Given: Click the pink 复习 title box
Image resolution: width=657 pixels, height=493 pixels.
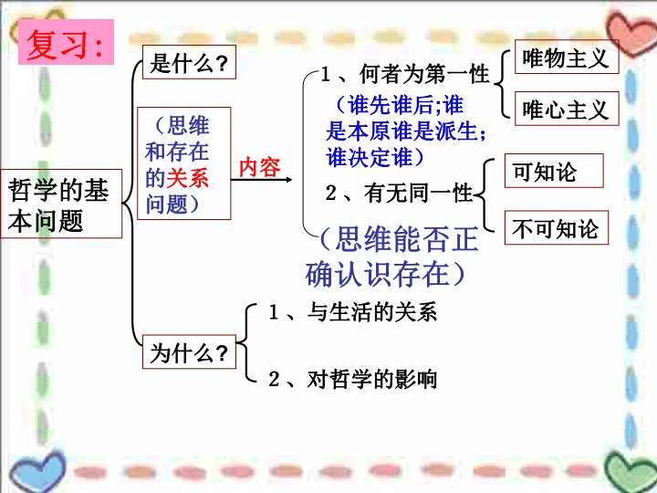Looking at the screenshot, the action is pos(67,42).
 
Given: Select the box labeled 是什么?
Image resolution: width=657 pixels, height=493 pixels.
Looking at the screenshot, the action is pos(189,62).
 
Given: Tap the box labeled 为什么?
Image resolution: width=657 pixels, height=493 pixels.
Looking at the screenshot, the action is pos(189,351).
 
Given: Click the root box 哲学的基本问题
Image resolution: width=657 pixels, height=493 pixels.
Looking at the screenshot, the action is pos(61,204).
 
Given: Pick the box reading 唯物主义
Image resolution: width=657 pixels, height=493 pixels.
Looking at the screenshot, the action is pos(567,57).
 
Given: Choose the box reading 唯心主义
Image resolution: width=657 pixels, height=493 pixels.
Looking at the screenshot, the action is pos(567,109).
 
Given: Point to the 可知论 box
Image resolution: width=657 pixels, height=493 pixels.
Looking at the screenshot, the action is pos(554,171).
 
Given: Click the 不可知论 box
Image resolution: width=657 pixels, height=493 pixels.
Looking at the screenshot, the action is pos(557,227).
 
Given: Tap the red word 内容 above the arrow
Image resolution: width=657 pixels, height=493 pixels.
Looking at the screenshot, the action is pos(259,167).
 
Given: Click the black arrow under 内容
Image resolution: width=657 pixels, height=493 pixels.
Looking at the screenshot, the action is pos(262,180).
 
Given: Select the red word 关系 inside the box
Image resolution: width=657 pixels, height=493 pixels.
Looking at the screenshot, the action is pos(187,178).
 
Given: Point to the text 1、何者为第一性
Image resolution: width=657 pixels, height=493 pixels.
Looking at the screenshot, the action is pos(405,74).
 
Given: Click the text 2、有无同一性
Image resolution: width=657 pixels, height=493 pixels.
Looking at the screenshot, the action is pos(400,194).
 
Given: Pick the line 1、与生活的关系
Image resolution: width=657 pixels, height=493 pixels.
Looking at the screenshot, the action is pos(353,312).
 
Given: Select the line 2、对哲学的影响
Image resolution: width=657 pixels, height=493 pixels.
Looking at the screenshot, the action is pos(353,379).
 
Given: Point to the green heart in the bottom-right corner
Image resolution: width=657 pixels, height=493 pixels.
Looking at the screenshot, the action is pos(631,472).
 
